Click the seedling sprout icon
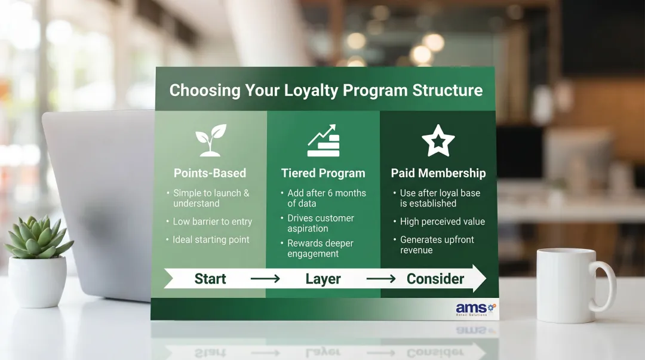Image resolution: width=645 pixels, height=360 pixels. click(211, 140)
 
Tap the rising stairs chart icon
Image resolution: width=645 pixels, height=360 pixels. click(323, 141)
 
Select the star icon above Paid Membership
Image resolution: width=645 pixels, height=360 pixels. click(438, 140)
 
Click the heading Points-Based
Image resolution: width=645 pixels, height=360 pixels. click(210, 173)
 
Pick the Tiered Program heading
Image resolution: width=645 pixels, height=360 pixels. click(323, 173)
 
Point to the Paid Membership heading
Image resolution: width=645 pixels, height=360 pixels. click(438, 173)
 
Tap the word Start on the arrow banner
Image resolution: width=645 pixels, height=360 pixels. click(210, 279)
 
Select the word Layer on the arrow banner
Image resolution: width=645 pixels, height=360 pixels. click(323, 279)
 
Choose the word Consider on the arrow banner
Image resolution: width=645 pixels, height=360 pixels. click(435, 279)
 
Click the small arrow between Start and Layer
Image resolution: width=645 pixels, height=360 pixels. click(265, 279)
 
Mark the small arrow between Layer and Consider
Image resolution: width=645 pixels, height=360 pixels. click(381, 279)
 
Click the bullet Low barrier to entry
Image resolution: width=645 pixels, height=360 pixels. click(213, 221)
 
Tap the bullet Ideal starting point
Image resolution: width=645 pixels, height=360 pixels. click(211, 239)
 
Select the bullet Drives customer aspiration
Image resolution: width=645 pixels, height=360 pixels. click(321, 223)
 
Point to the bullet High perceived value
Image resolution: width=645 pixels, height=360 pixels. click(443, 221)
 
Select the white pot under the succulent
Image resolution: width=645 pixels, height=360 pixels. click(38, 282)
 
